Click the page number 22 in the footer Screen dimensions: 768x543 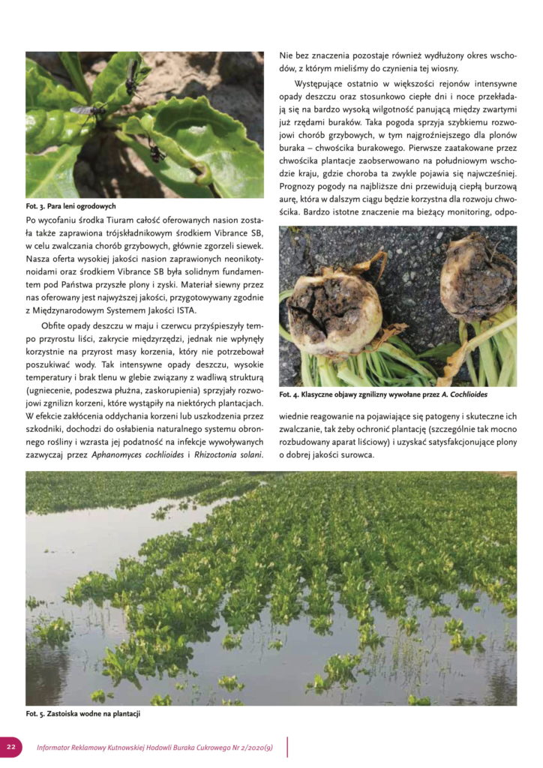coord(12,747)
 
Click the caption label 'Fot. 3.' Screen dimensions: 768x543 coord(37,205)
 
